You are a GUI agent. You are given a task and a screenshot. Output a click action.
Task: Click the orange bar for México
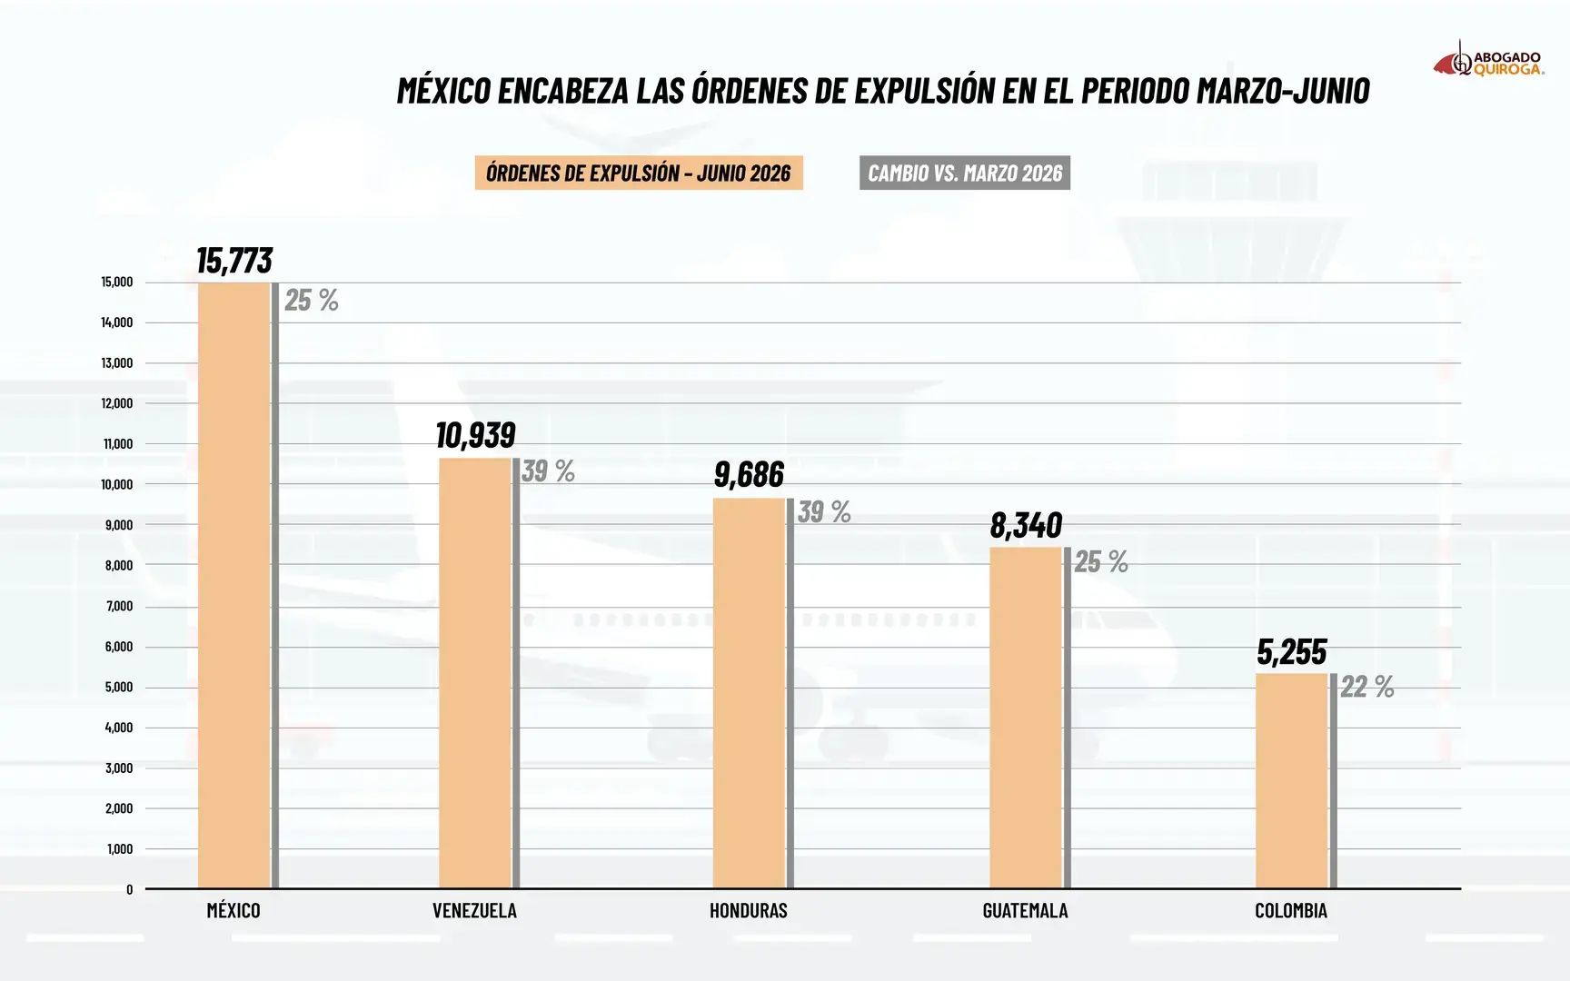click(x=234, y=585)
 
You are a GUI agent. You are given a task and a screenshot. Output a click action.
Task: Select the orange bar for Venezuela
click(x=475, y=673)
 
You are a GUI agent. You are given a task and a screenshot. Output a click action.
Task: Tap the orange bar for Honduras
click(x=749, y=693)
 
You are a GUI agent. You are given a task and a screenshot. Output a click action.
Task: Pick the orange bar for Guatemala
click(x=1026, y=718)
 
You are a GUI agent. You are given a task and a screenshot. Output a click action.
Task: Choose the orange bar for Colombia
click(x=1292, y=781)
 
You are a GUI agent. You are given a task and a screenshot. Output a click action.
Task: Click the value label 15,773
click(x=234, y=261)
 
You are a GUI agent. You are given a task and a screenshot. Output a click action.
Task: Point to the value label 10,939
click(x=475, y=436)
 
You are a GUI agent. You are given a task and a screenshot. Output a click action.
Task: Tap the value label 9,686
click(x=749, y=474)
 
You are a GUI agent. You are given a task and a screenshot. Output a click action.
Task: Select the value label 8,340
click(x=1026, y=525)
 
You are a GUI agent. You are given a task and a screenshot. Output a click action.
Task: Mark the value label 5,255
click(x=1292, y=651)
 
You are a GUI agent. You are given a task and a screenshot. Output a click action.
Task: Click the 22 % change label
click(x=1367, y=687)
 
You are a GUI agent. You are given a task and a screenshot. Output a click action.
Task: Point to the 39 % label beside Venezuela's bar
click(x=548, y=471)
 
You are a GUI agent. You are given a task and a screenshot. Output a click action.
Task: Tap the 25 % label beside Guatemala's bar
click(x=1101, y=562)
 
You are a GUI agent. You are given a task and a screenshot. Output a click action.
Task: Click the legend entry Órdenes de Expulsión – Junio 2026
click(x=639, y=173)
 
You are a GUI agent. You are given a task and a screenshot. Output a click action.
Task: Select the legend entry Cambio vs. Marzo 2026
click(x=965, y=173)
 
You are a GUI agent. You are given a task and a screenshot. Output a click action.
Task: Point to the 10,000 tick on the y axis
click(x=117, y=484)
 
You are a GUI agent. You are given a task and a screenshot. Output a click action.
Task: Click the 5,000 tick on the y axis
click(x=119, y=687)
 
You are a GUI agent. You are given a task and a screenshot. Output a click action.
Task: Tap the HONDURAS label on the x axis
click(x=749, y=910)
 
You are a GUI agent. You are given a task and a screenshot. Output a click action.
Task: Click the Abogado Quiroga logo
click(x=1488, y=60)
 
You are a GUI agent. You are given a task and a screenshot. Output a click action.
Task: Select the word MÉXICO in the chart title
click(x=444, y=90)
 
